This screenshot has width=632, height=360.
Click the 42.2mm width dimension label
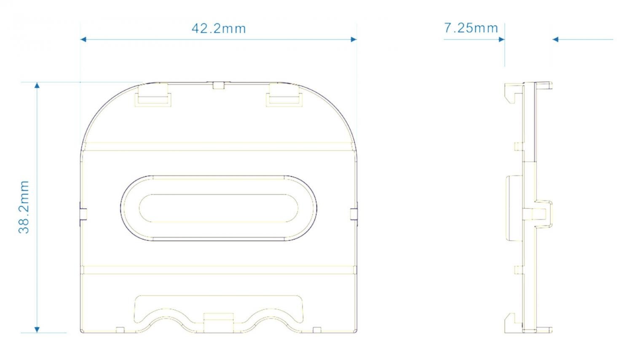tap(219, 29)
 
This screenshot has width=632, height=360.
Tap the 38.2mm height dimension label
tap(24, 207)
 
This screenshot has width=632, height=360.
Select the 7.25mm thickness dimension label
tap(471, 28)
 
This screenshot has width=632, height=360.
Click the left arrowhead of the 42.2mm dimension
tap(83, 39)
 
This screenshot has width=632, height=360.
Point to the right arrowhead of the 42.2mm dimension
tap(354, 39)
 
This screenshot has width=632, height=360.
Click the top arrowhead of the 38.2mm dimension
tap(37, 85)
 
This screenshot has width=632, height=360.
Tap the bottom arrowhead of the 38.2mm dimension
tap(37, 330)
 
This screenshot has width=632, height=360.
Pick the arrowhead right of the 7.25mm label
tap(502, 39)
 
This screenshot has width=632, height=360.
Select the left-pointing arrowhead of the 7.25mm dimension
tap(555, 39)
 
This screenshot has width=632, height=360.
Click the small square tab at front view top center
tap(218, 85)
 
